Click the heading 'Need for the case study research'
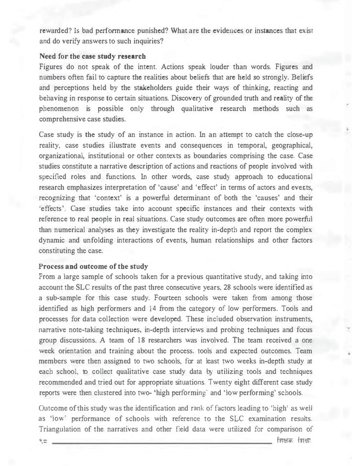point(92,55)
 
